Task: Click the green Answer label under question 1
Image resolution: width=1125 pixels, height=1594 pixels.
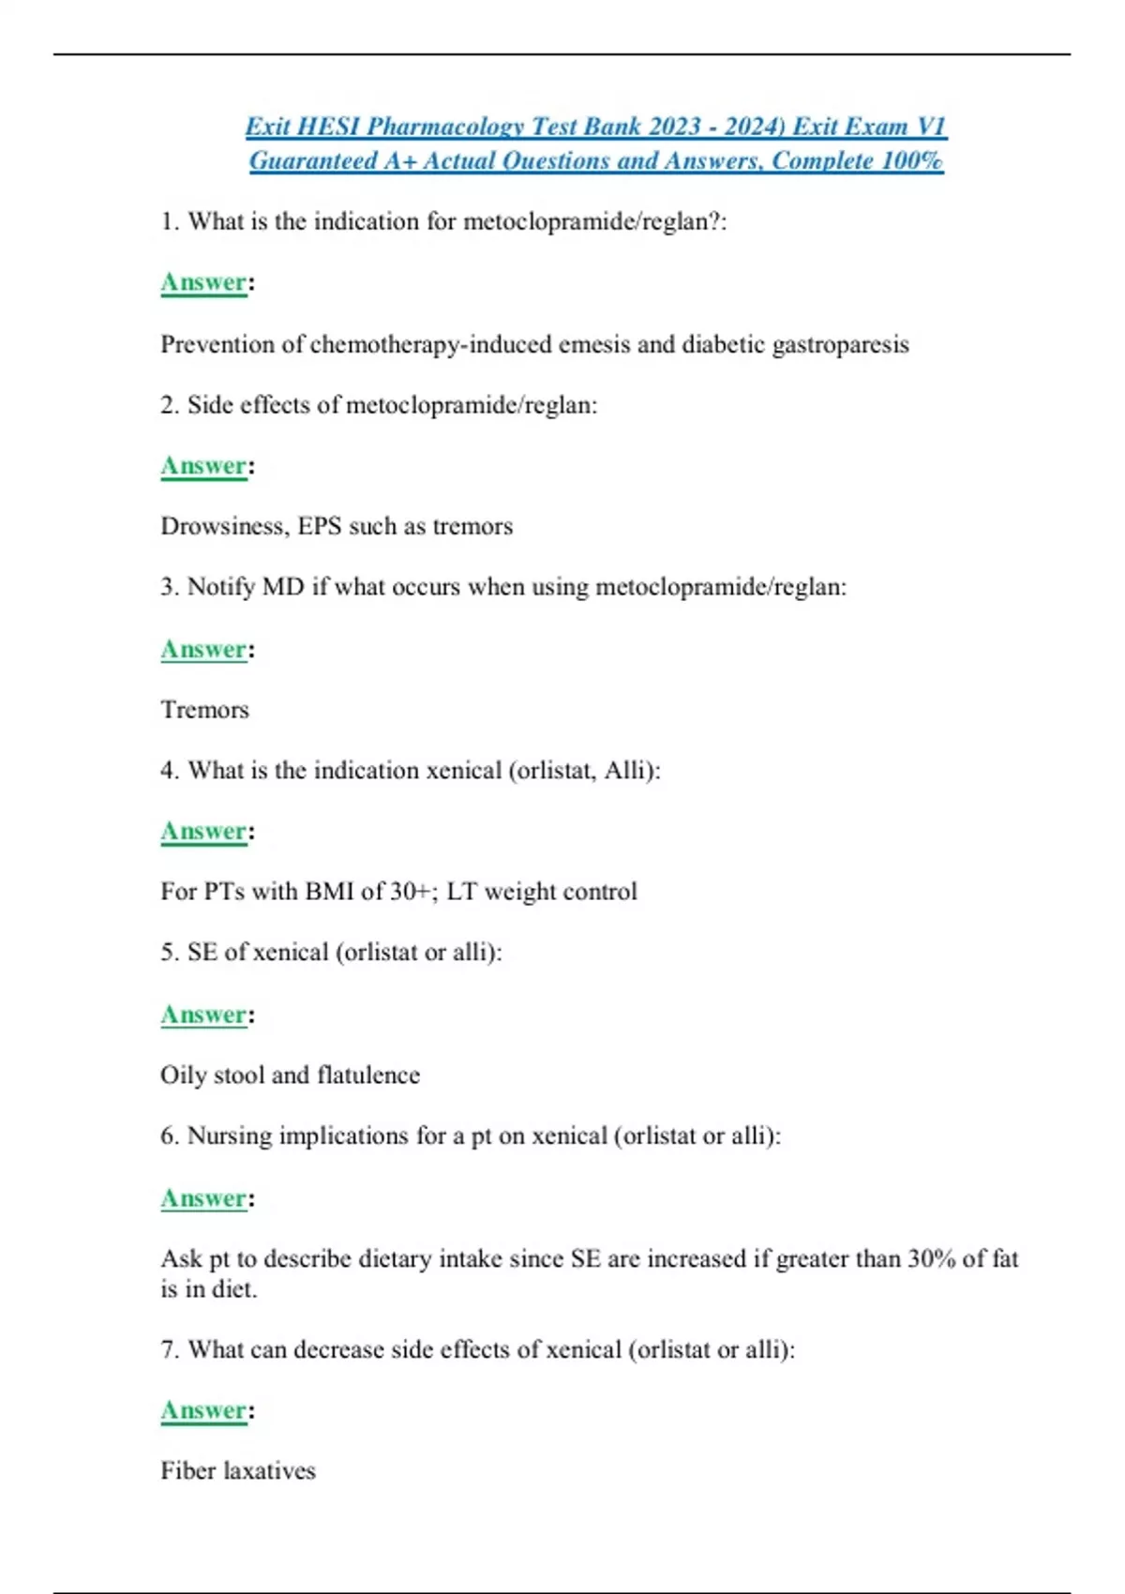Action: coord(203,282)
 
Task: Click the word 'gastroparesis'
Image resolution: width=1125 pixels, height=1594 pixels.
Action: coord(840,344)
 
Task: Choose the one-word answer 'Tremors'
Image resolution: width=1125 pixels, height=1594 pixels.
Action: coord(204,710)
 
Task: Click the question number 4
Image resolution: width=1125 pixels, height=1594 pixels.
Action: coord(169,771)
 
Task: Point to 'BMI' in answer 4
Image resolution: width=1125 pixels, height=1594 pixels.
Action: coord(329,892)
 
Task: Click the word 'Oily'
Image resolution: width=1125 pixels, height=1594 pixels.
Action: coord(183,1075)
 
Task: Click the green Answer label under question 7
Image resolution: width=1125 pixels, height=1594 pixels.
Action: coord(203,1411)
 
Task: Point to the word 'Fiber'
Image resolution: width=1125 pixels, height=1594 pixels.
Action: coord(188,1471)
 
